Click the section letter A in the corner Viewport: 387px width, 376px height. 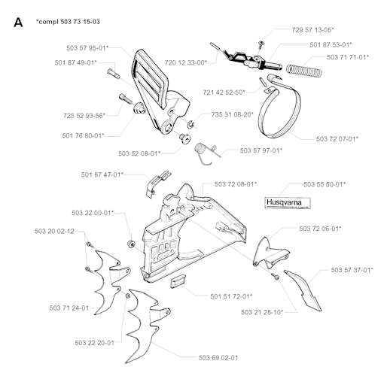pos(18,23)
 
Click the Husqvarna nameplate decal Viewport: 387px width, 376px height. pos(288,202)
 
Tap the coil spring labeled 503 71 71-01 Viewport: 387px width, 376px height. pos(304,71)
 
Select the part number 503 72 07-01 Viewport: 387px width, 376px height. pos(337,139)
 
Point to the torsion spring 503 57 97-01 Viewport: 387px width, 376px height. pos(205,153)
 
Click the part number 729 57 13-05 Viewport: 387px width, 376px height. pos(312,30)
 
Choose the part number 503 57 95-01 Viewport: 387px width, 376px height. pos(87,48)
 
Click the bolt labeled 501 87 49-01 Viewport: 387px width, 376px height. pos(114,74)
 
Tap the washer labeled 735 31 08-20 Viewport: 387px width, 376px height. pos(190,123)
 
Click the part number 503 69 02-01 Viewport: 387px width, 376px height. pos(218,358)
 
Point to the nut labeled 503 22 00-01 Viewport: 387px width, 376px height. pos(131,244)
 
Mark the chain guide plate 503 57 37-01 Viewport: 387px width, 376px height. pos(303,290)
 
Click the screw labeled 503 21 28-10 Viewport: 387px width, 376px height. pos(275,276)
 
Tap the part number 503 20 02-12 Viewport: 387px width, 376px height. pos(54,231)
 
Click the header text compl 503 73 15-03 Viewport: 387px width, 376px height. pos(68,22)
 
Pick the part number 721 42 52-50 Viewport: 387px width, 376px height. pos(224,92)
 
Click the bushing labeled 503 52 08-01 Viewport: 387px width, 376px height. pos(184,138)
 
